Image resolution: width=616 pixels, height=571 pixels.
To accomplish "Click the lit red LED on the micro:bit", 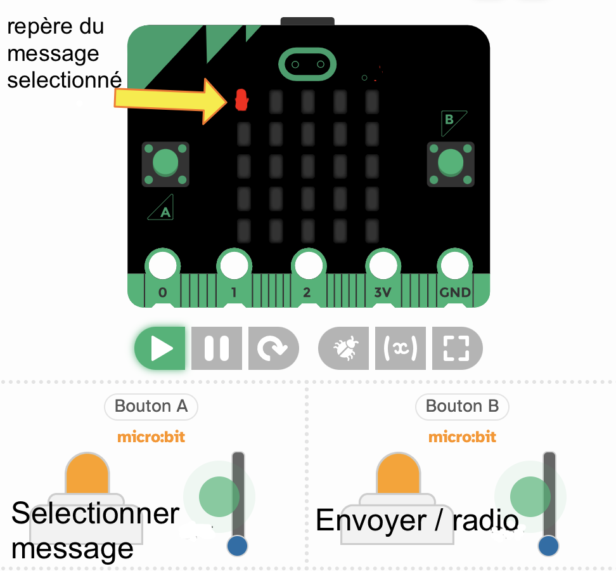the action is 241,100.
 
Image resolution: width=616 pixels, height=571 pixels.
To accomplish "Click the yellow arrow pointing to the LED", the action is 171,100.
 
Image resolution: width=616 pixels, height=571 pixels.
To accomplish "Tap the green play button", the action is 160,348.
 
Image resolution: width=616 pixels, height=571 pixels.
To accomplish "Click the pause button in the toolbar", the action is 217,348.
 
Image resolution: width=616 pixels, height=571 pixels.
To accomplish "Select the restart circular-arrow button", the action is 273,348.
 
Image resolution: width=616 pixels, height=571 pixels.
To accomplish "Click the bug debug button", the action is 343,348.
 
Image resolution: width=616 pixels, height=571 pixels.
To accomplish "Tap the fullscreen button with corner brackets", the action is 457,348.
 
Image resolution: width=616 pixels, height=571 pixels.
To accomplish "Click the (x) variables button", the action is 401,348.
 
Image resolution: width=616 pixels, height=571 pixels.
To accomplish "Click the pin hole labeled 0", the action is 163,265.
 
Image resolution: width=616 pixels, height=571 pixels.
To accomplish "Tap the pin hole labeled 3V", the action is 383,265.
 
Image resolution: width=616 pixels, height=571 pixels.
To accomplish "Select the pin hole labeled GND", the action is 455,265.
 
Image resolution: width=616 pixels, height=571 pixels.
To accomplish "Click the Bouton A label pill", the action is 151,406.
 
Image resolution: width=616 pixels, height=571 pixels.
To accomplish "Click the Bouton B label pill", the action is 462,406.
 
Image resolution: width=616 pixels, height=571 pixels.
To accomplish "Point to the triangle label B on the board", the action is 452,122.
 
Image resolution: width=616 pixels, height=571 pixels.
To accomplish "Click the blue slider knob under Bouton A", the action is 237,546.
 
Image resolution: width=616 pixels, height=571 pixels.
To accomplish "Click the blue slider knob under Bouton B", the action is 548,546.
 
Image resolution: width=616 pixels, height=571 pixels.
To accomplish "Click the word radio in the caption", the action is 485,520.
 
